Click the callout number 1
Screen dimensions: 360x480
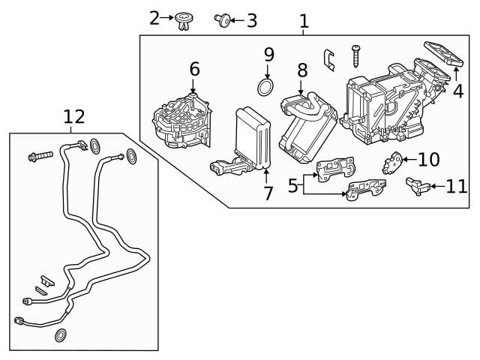click(x=304, y=21)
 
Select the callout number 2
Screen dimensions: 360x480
click(x=154, y=17)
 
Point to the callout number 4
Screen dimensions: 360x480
click(x=457, y=91)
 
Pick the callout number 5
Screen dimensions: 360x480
click(x=293, y=184)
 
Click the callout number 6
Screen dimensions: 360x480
click(x=194, y=70)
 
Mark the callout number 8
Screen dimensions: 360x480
click(x=301, y=71)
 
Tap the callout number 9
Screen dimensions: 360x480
click(x=268, y=55)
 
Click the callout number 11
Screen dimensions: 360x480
click(x=456, y=186)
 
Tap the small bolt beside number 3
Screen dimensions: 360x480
click(x=223, y=19)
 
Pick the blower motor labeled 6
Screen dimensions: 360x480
click(x=182, y=121)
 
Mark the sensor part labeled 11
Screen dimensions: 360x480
click(x=417, y=185)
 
